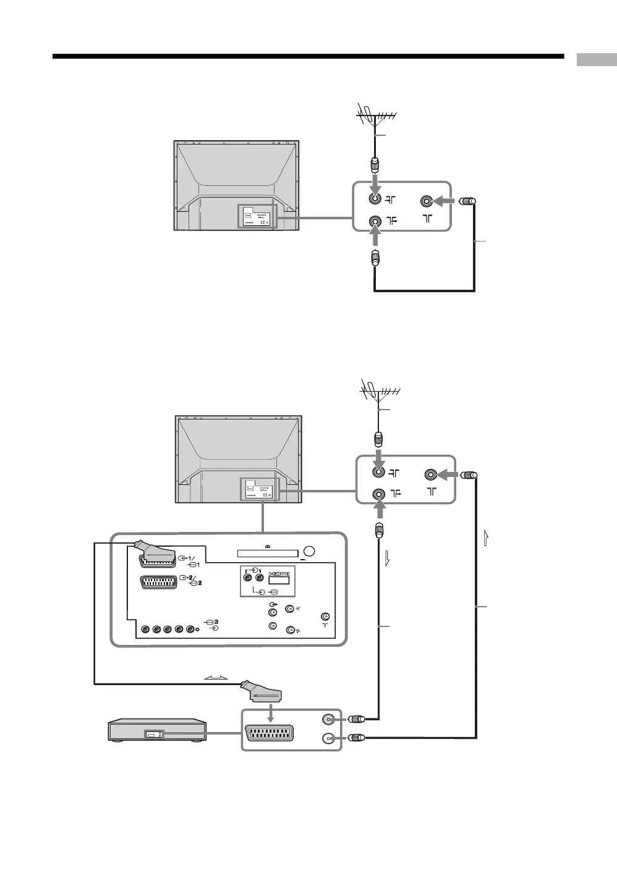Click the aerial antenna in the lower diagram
click(x=378, y=392)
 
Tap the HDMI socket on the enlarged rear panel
click(x=279, y=579)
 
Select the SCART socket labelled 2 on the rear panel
click(x=158, y=582)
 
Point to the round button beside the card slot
click(x=310, y=552)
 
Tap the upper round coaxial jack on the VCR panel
click(x=328, y=719)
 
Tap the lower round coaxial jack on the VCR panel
click(x=328, y=738)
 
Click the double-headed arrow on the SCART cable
click(x=215, y=678)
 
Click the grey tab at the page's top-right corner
click(x=597, y=59)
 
